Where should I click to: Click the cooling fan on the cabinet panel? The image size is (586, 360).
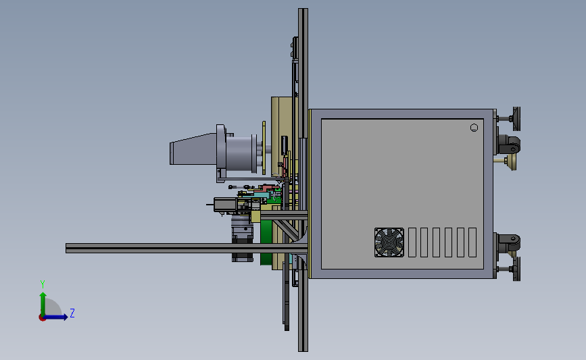coord(389,242)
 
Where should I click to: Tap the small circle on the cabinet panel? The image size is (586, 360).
coord(474,128)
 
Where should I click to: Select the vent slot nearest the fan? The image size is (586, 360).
coord(412,242)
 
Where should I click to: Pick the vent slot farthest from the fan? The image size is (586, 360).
coord(472,242)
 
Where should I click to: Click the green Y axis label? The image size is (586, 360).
coord(43,284)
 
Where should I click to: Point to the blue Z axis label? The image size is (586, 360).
coord(72,313)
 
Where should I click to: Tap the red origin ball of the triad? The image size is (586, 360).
coord(42,317)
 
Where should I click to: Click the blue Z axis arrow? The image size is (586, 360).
coord(55,317)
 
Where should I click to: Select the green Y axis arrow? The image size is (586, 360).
coord(43,304)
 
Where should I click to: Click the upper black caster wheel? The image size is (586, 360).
coord(510,145)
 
